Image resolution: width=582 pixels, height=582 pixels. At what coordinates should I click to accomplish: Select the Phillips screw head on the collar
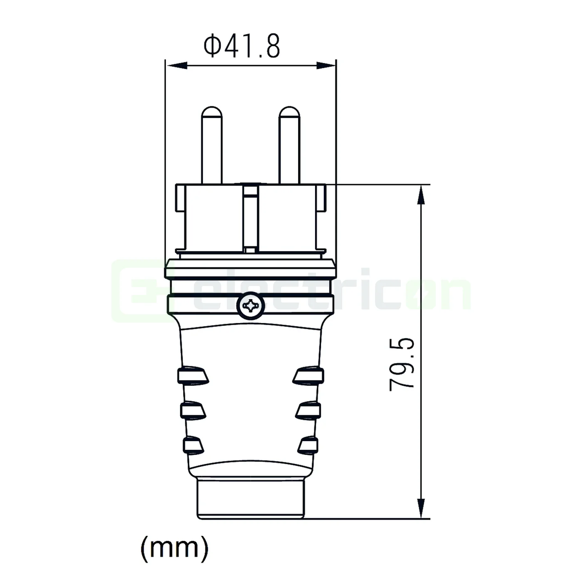pyautogui.click(x=251, y=306)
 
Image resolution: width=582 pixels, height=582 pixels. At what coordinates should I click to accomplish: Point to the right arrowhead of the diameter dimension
pyautogui.click(x=326, y=65)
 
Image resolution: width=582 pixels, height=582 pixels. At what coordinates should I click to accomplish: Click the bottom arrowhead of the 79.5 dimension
pyautogui.click(x=422, y=508)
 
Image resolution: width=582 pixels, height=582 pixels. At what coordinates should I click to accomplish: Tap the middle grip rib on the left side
pyautogui.click(x=193, y=410)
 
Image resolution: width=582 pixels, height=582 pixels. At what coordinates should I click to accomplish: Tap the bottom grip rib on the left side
pyautogui.click(x=193, y=445)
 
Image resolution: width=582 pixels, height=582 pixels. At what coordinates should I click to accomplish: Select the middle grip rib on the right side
pyautogui.click(x=308, y=410)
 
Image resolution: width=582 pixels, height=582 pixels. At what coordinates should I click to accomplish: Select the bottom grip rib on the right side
pyautogui.click(x=308, y=445)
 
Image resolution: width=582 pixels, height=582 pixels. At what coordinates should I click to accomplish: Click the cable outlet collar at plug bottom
pyautogui.click(x=251, y=499)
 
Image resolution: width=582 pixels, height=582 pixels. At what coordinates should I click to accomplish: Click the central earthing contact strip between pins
pyautogui.click(x=250, y=218)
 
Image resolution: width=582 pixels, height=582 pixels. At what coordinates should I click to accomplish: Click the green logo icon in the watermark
pyautogui.click(x=137, y=291)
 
